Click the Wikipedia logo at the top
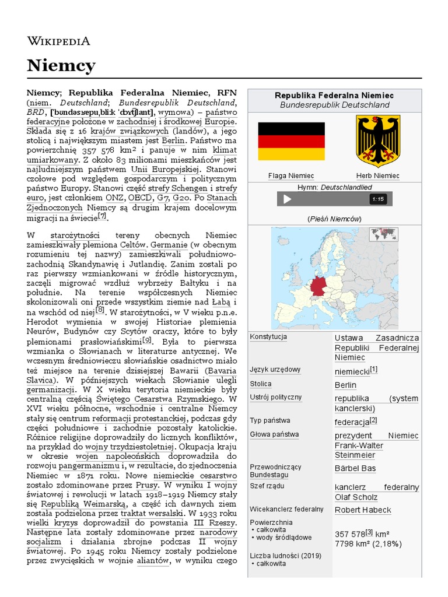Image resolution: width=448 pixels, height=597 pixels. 58,40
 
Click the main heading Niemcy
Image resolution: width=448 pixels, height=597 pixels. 61,65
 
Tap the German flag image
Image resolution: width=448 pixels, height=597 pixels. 291,141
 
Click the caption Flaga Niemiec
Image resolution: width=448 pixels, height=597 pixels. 291,175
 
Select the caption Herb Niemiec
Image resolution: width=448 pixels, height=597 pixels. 378,175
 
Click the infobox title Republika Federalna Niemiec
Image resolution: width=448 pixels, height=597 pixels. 334,95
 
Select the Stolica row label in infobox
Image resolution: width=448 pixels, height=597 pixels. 261,384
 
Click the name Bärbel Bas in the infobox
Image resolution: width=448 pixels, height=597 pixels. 355,468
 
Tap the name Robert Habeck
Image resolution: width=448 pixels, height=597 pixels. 363,510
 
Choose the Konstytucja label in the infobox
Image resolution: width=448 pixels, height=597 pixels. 268,337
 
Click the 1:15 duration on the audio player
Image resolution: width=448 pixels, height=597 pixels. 378,199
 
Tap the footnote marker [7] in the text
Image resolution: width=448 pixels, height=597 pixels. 103,216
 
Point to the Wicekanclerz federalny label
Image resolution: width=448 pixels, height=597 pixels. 286,509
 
